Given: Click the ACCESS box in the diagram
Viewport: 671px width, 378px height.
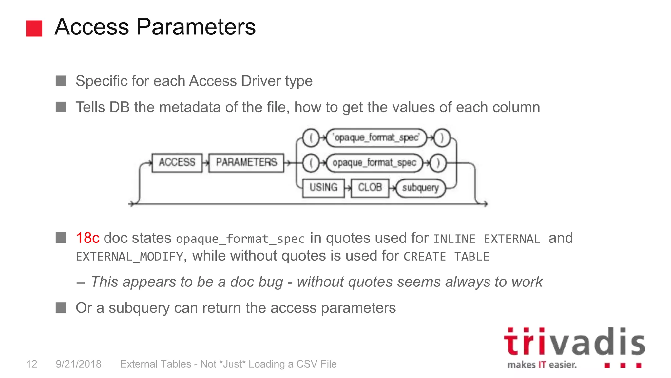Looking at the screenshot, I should click(x=177, y=162).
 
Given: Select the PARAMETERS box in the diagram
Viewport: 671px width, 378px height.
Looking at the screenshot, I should click(x=246, y=162).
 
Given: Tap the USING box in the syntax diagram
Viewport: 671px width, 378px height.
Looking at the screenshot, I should click(x=323, y=188).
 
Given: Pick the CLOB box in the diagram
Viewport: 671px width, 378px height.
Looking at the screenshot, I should click(x=370, y=188).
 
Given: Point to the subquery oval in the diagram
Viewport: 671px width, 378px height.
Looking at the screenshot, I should click(x=420, y=188).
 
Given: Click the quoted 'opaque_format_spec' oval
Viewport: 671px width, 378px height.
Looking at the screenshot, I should click(x=376, y=137).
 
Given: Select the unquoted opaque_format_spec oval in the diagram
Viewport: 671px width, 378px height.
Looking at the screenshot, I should click(x=374, y=163).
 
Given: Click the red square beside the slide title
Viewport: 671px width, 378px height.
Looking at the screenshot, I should click(x=34, y=28).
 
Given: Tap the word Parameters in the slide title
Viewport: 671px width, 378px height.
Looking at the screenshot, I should click(x=196, y=27).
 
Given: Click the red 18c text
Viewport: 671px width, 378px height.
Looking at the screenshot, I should click(x=87, y=238).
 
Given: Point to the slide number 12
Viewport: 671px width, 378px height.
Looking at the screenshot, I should click(x=32, y=364).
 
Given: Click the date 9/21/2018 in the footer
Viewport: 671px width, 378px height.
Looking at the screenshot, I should click(x=79, y=364).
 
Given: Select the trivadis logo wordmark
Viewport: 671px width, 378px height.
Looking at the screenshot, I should click(x=574, y=342).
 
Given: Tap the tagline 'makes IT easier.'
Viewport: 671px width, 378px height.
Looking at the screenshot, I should click(x=542, y=365).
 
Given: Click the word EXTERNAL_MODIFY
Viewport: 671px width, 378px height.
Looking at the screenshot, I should click(x=129, y=257).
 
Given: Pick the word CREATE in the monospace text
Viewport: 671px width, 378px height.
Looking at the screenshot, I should click(x=425, y=257).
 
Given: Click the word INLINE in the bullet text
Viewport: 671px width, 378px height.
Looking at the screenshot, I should click(x=454, y=239).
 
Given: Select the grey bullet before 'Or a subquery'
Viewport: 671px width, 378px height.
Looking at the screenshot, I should click(x=61, y=308).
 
